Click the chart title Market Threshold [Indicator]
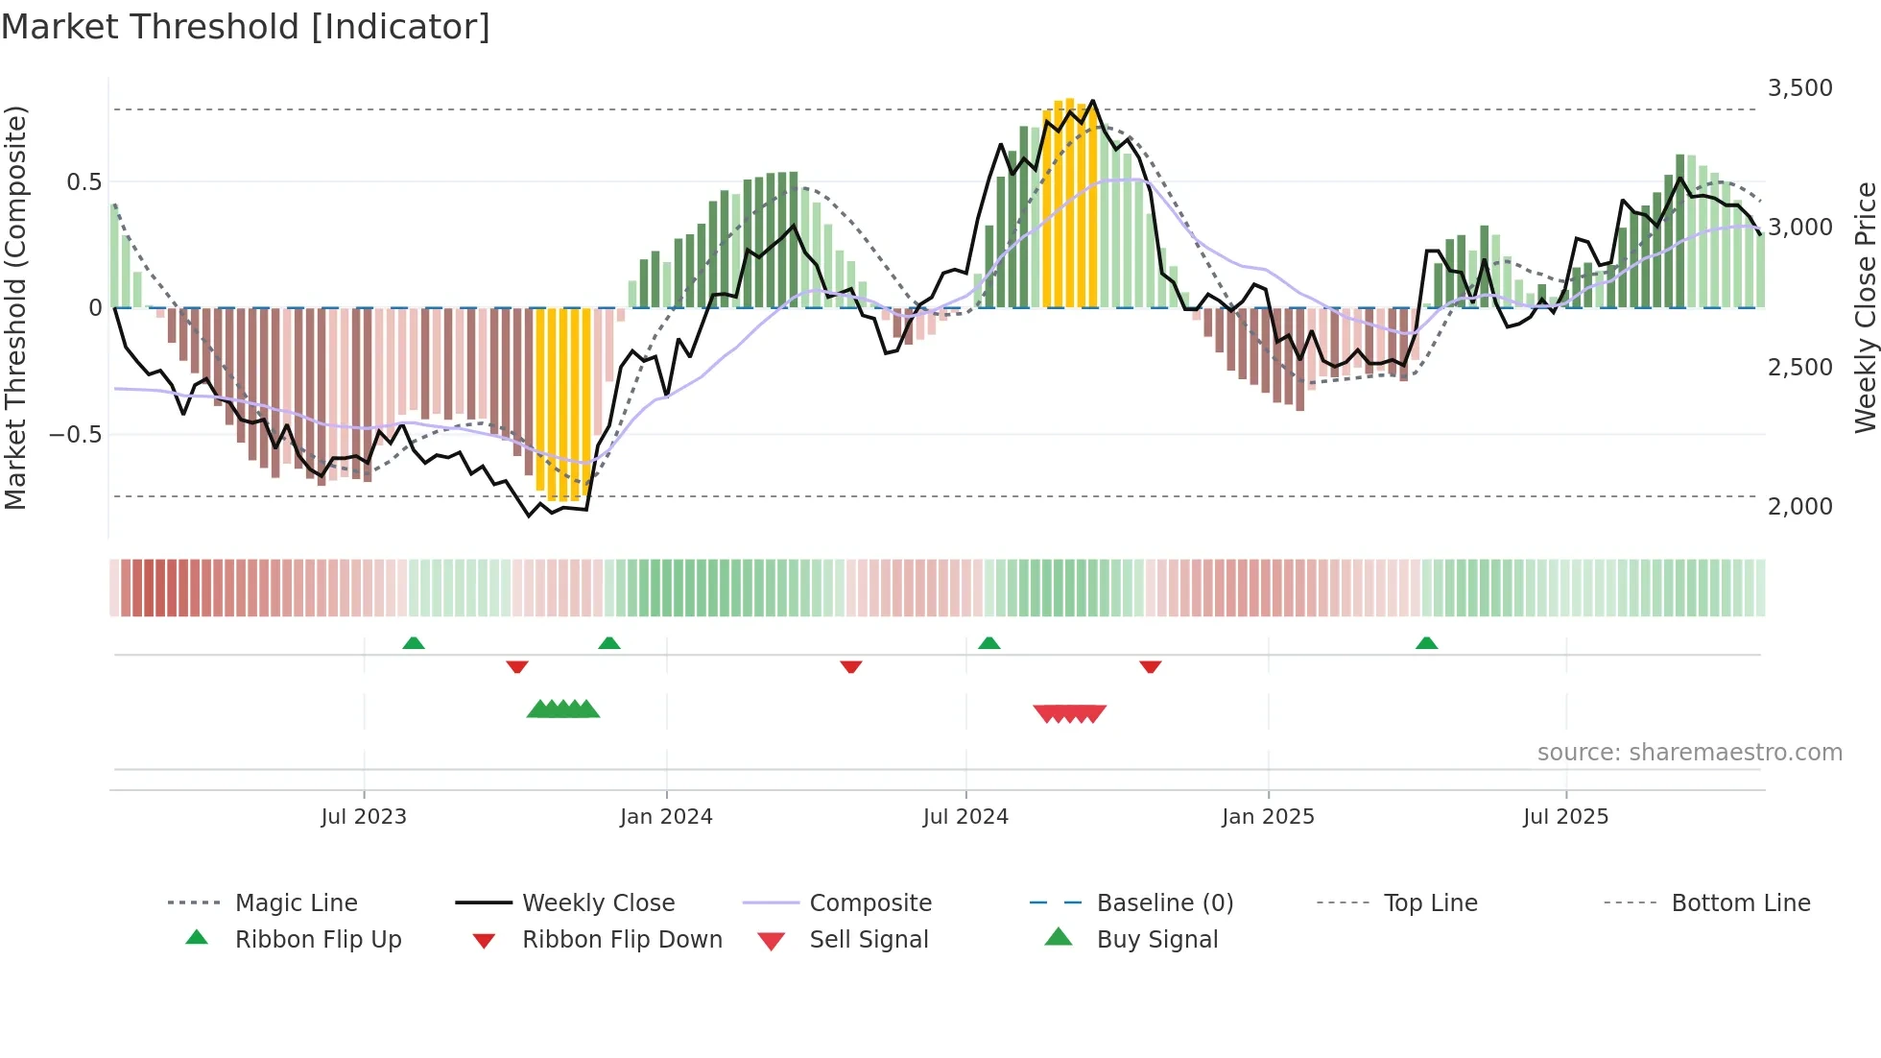[246, 27]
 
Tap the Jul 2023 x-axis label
[364, 817]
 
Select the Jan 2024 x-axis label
[666, 817]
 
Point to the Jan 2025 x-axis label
[1268, 817]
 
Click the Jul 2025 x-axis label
[1565, 817]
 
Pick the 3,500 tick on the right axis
[1799, 88]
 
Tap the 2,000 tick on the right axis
[1799, 507]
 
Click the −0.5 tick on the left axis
[75, 435]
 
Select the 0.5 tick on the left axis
[83, 182]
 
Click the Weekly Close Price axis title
[1865, 307]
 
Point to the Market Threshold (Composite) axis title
[15, 307]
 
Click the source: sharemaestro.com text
[1689, 753]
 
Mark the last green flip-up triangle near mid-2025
[1426, 643]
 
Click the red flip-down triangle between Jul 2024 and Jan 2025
[1150, 666]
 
